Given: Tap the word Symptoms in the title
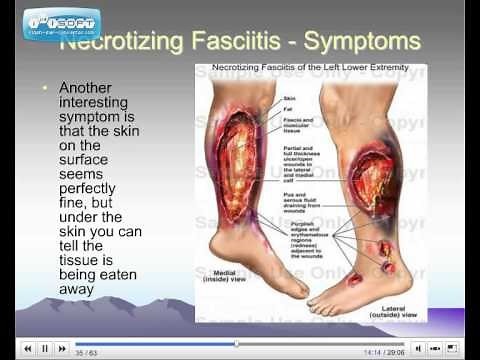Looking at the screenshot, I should (x=358, y=43).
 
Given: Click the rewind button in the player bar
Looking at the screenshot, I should (x=27, y=348).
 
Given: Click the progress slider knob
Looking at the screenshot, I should (x=236, y=345).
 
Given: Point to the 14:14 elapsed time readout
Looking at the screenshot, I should (x=372, y=352).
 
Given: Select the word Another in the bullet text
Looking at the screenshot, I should (x=87, y=87).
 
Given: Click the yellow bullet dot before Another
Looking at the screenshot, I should (x=45, y=87).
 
